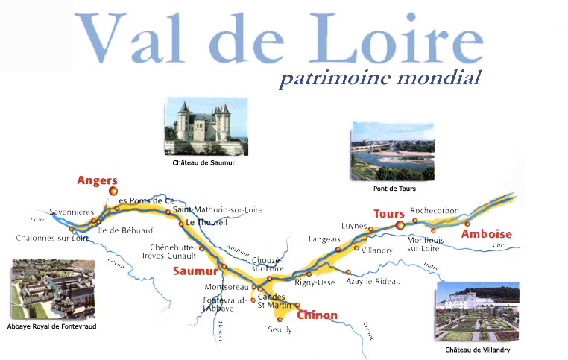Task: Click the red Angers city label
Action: tap(97, 180)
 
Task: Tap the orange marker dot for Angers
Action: tap(114, 191)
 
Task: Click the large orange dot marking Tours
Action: tap(400, 224)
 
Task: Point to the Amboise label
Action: tap(486, 234)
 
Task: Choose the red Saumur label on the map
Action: tap(195, 271)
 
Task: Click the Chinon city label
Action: tap(317, 315)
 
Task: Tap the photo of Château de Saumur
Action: tap(203, 129)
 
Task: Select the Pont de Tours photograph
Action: tap(392, 152)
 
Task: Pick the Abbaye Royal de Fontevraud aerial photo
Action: tap(52, 290)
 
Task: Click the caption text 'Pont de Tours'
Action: tap(392, 189)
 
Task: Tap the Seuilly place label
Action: tap(280, 329)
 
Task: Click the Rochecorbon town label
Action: tap(435, 211)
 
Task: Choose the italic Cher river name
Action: tap(499, 245)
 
